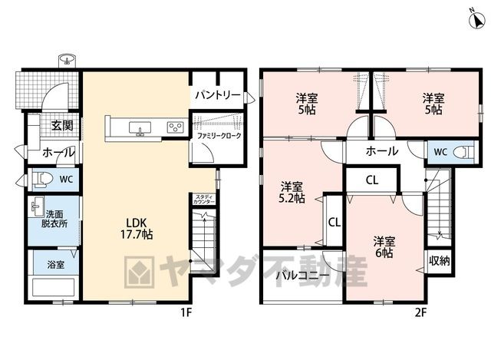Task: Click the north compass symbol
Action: pyautogui.click(x=476, y=21)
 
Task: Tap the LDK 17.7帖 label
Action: pyautogui.click(x=137, y=229)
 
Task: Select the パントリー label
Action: pyautogui.click(x=218, y=94)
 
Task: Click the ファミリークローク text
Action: pyautogui.click(x=219, y=136)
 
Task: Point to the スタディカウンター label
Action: pyautogui.click(x=204, y=200)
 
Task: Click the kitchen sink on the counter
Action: pyautogui.click(x=140, y=128)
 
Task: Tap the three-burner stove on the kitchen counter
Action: pyautogui.click(x=176, y=127)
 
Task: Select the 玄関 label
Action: pyautogui.click(x=62, y=125)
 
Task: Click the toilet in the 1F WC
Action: pyautogui.click(x=41, y=180)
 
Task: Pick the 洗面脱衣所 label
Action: pyautogui.click(x=54, y=219)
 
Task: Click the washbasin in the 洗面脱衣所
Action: pyautogui.click(x=38, y=206)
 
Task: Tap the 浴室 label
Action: pyautogui.click(x=56, y=265)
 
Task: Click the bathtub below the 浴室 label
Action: pyautogui.click(x=53, y=288)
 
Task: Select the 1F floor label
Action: pyautogui.click(x=186, y=312)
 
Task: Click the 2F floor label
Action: pyautogui.click(x=420, y=312)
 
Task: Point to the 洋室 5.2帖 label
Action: pyautogui.click(x=292, y=193)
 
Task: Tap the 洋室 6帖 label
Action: pyautogui.click(x=384, y=247)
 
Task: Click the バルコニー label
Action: pyautogui.click(x=302, y=276)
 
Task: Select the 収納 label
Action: pyautogui.click(x=439, y=261)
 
